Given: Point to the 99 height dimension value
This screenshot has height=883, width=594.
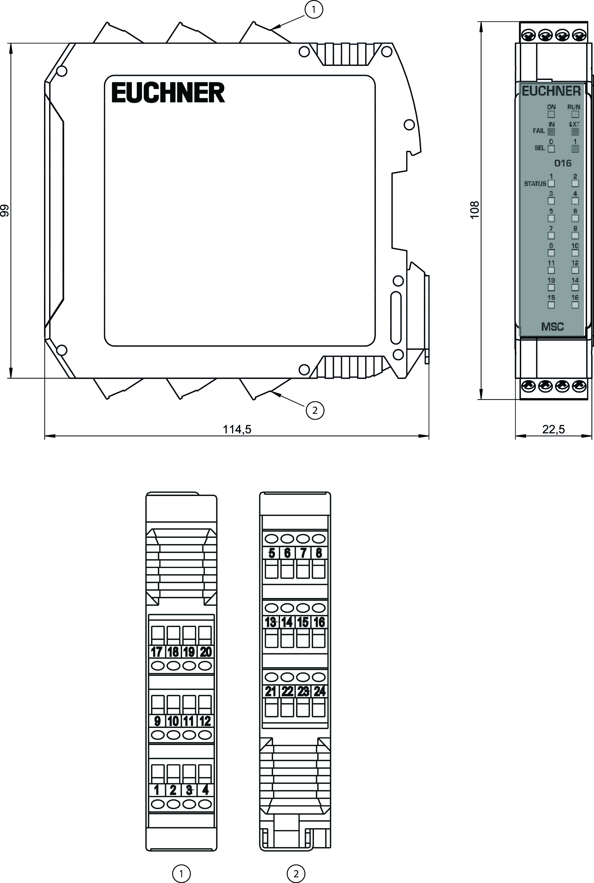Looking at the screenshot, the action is click(x=5, y=210).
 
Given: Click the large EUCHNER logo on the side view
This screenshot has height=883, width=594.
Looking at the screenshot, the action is click(x=168, y=93).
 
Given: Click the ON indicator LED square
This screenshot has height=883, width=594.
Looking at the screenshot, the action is click(x=551, y=114).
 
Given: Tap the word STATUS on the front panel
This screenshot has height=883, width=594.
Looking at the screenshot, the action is click(x=535, y=184).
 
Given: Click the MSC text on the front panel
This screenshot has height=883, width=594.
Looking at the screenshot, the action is click(x=552, y=326).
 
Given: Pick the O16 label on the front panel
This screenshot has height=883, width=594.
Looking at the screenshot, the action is click(x=563, y=163).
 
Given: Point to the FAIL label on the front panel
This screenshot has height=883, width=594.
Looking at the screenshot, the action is click(x=539, y=131).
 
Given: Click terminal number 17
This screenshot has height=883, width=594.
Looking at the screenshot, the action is click(x=156, y=652).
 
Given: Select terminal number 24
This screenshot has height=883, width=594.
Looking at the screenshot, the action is click(x=319, y=692).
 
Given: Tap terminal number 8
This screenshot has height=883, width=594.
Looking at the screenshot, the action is click(x=319, y=553).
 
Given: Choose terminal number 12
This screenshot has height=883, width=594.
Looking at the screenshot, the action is click(x=205, y=721).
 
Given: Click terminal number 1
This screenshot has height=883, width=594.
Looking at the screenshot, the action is click(x=156, y=790).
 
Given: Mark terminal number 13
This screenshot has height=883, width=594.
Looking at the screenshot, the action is click(x=271, y=622).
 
